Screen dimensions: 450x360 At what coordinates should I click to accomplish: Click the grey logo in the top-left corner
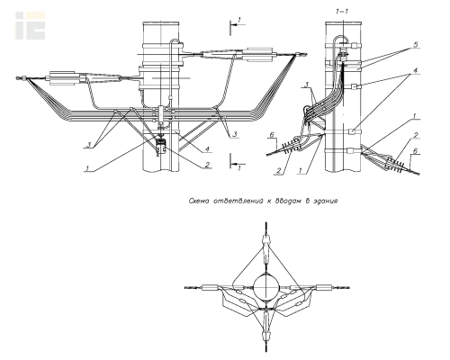tap(31, 25)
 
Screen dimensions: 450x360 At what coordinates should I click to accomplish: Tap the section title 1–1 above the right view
tap(342, 12)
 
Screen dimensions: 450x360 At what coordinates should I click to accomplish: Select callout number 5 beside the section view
tap(415, 45)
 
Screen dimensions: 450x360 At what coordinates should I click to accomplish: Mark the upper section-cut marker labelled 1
tap(237, 26)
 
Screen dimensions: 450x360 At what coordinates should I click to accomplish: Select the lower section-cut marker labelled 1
tap(237, 162)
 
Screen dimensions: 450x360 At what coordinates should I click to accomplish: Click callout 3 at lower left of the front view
tap(89, 145)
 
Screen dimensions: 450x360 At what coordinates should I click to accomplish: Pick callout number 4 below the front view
tap(207, 149)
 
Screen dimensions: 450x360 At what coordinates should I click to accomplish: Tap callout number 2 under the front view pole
tap(207, 164)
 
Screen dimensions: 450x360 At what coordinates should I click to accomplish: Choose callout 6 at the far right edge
tap(415, 151)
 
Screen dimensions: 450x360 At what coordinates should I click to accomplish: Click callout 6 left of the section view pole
tap(272, 135)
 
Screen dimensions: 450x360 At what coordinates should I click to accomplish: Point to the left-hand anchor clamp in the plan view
tap(211, 288)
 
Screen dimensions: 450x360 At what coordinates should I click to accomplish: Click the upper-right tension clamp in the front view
tap(259, 54)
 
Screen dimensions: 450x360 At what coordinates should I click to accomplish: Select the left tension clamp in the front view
tap(62, 78)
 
